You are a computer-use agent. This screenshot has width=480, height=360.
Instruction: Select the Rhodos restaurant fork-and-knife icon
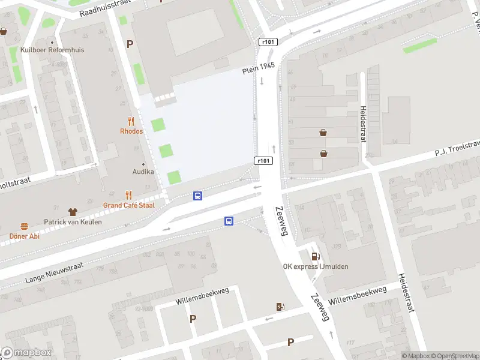point(131,122)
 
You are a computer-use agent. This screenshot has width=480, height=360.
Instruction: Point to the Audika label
point(143,172)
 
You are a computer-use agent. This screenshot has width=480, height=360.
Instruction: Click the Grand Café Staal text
point(128,205)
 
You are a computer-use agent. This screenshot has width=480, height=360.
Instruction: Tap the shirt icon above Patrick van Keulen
point(73,212)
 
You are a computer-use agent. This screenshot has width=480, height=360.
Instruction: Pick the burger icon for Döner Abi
point(25,226)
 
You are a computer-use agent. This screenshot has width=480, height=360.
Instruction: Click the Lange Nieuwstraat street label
point(53,271)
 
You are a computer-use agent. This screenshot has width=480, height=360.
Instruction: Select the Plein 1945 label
point(259,68)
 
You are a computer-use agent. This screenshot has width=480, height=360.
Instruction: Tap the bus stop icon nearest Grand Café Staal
point(197,196)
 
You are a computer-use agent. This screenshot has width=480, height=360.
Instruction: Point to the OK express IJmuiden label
point(316,267)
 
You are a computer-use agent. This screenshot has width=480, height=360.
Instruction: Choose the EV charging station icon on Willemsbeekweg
point(280,307)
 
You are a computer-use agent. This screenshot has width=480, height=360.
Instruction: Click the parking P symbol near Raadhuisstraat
point(130,44)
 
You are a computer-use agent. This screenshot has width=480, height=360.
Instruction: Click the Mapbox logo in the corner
point(26,353)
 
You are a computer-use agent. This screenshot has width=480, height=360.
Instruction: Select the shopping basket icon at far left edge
point(4,31)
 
